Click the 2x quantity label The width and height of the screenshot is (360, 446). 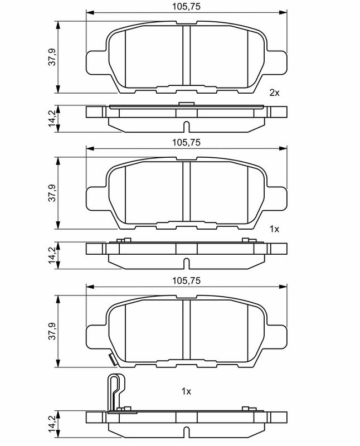(x=274, y=93)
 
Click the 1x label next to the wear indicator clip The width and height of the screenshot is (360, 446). (x=187, y=392)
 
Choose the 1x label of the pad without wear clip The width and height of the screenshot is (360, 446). (x=274, y=229)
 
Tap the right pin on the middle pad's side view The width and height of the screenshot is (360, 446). (x=245, y=240)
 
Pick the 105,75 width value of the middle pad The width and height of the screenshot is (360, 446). (x=187, y=143)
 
